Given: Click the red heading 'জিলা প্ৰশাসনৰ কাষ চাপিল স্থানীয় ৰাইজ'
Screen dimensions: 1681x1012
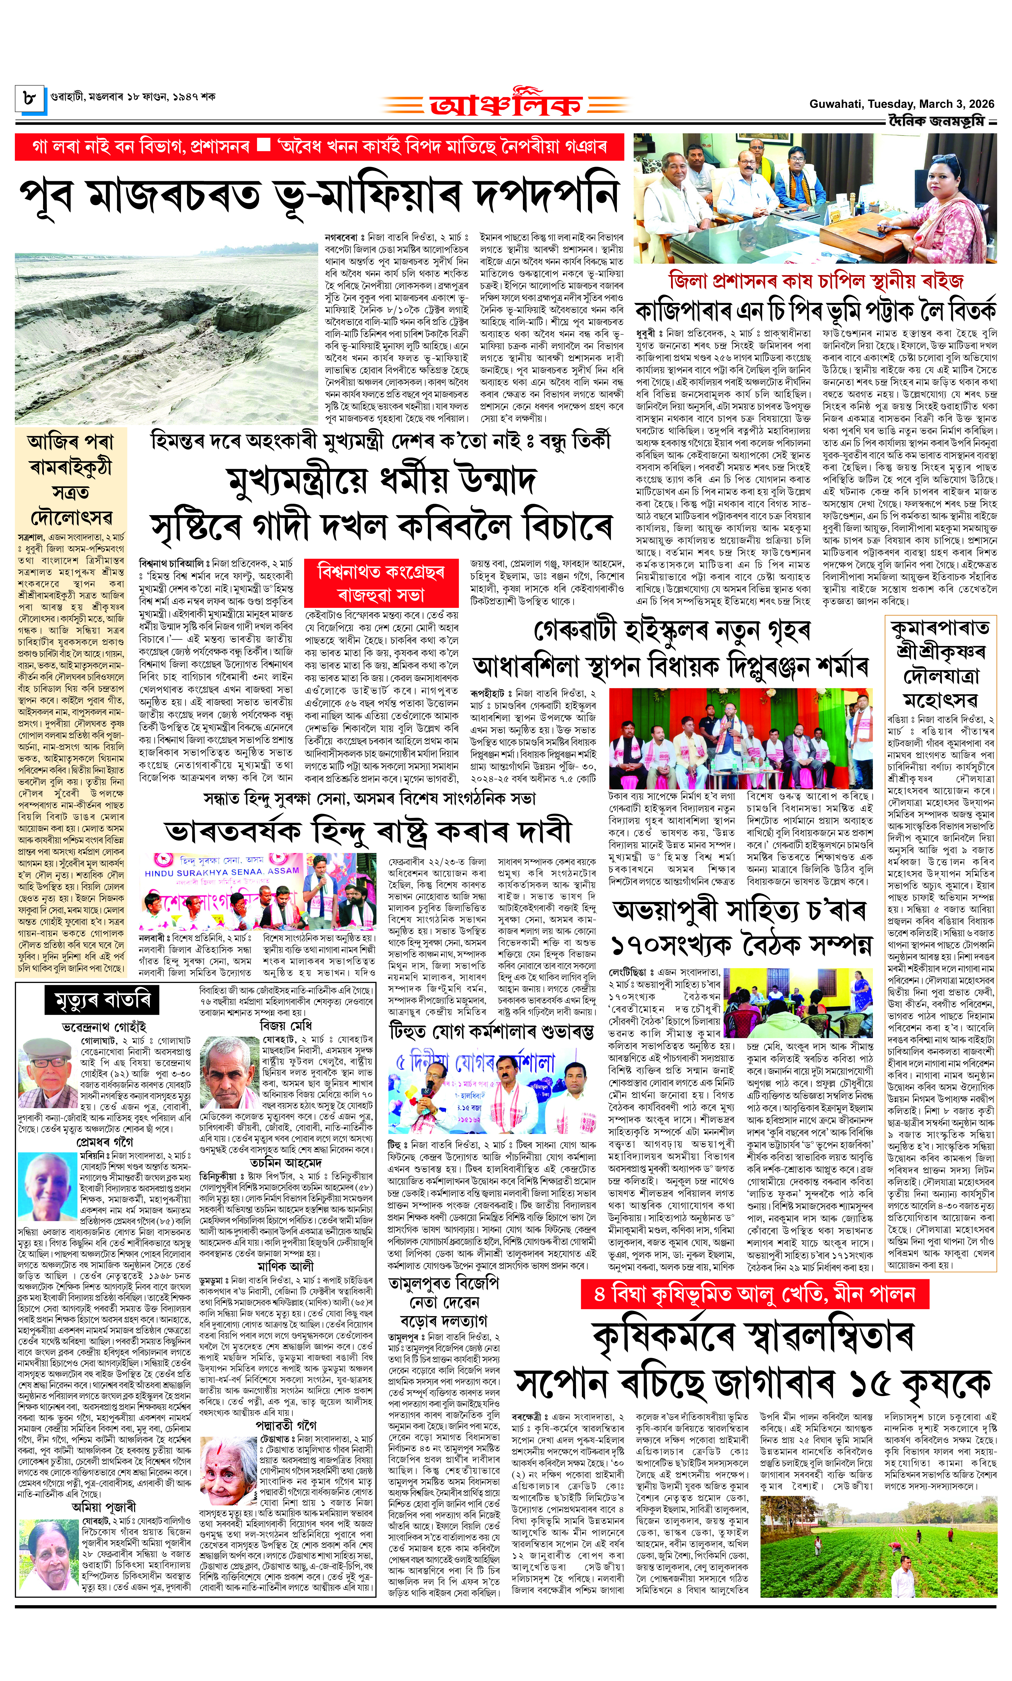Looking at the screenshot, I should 816,281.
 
